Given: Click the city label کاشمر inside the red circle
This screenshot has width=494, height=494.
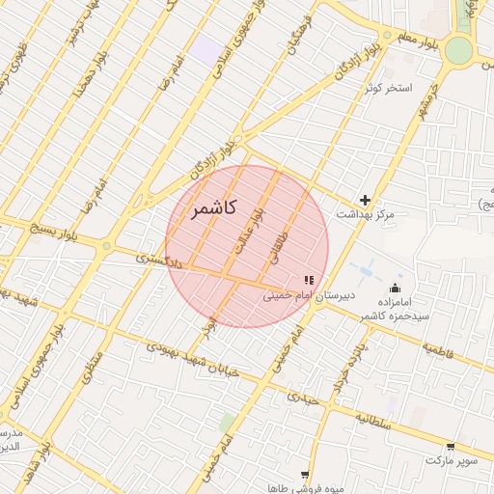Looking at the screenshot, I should (207, 209).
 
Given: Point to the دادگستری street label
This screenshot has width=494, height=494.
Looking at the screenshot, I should (156, 260).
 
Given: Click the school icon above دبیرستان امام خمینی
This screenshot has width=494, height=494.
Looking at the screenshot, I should (309, 279).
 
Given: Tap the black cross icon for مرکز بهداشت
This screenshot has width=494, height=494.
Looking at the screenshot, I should (365, 199).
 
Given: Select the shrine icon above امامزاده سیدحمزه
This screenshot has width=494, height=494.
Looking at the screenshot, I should (395, 288).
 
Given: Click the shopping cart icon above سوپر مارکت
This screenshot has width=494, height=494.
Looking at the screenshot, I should (452, 447).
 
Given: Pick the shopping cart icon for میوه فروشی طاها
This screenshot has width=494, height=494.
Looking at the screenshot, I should (306, 474).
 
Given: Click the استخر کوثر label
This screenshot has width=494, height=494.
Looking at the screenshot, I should (388, 88).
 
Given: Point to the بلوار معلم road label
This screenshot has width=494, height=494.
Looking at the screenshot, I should (417, 40).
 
